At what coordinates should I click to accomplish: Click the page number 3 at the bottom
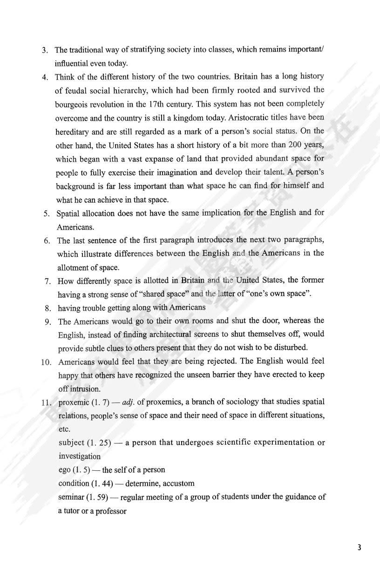tap(359, 547)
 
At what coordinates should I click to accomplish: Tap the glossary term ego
tap(64, 469)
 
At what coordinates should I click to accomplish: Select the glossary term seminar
tap(71, 497)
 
